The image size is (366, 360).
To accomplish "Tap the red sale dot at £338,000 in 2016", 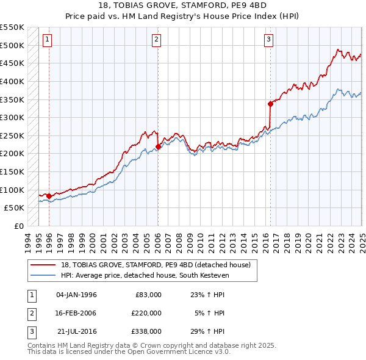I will click(x=270, y=104).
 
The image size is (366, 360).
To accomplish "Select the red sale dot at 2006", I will click(x=158, y=146).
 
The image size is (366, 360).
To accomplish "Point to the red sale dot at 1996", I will click(x=49, y=196).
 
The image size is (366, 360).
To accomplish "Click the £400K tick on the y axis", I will click(x=12, y=81).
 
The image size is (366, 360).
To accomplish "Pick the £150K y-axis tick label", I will click(x=12, y=171).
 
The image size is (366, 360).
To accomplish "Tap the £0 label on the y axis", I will click(x=18, y=226).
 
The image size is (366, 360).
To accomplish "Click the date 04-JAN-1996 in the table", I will click(x=76, y=295).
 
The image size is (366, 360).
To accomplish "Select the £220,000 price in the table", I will click(x=147, y=313).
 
